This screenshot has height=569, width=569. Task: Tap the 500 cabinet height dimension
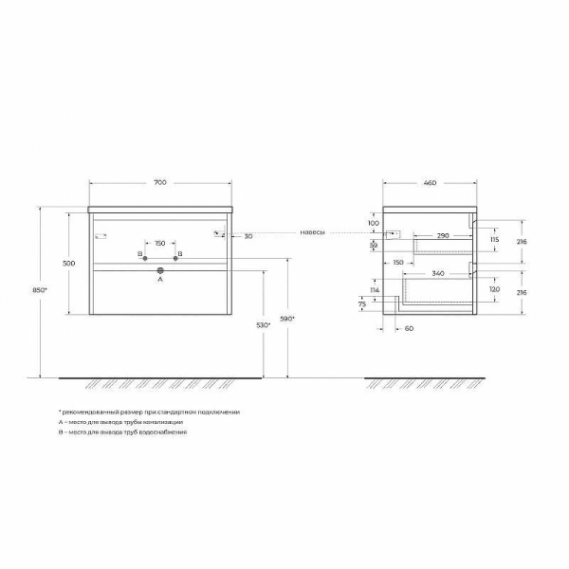tap(69, 263)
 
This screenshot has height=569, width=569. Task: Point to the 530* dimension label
tap(263, 325)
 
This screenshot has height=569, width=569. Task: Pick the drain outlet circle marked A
tap(160, 271)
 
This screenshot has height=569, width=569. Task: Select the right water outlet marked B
tap(174, 256)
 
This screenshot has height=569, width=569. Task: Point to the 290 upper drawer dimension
tap(442, 234)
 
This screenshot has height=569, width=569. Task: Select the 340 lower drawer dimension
tap(437, 272)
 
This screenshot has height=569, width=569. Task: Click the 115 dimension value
tap(494, 241)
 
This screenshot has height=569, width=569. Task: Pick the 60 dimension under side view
tap(409, 328)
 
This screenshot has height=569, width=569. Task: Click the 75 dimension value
tap(361, 303)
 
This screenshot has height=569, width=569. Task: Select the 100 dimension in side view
tap(374, 223)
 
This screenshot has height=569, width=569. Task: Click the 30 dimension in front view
tap(248, 235)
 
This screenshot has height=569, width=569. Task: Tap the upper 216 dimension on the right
tap(521, 241)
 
